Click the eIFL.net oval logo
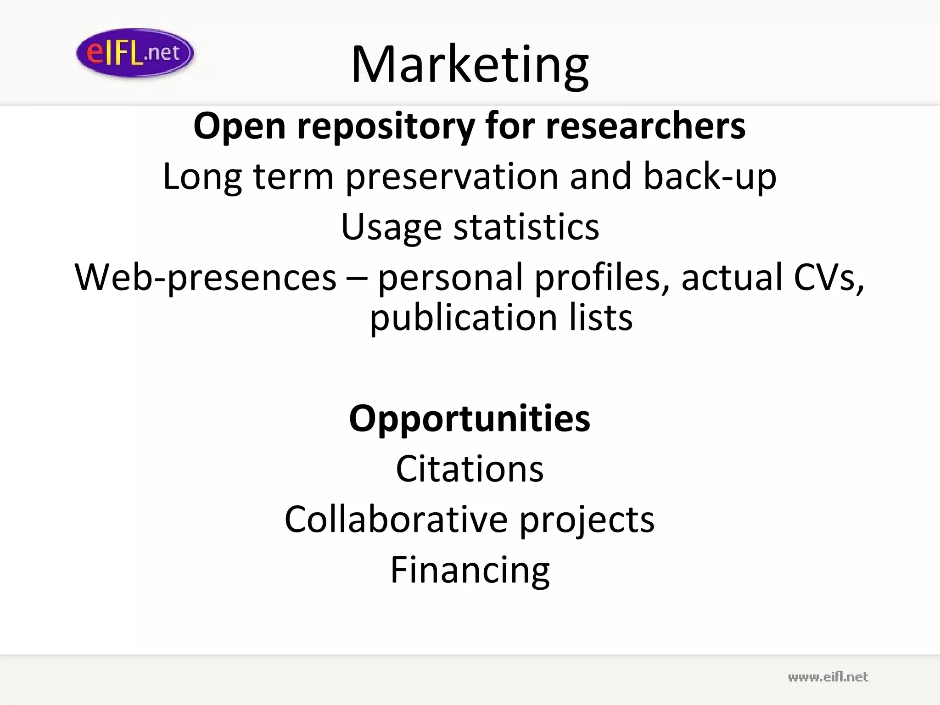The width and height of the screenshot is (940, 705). [135, 53]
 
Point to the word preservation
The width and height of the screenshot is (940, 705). [452, 177]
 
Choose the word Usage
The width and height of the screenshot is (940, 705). [391, 227]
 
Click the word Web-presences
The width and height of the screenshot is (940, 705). [206, 278]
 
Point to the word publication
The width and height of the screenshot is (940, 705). [464, 318]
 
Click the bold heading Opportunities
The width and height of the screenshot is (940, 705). [470, 419]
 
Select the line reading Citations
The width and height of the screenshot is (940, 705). [470, 469]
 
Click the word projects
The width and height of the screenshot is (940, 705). [587, 520]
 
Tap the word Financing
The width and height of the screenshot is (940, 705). [470, 571]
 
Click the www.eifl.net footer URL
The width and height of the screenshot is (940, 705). [828, 677]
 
